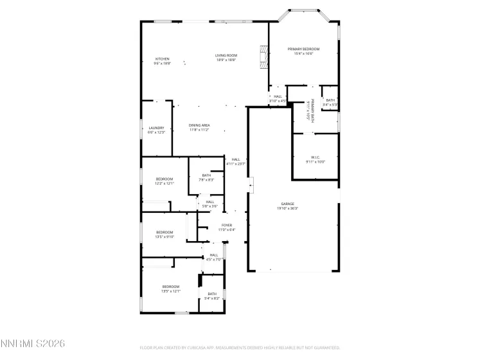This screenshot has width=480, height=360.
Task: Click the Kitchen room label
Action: tap(162, 61)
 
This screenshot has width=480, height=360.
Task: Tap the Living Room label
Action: tap(226, 58)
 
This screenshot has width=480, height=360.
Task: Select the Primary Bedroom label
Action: tap(303, 51)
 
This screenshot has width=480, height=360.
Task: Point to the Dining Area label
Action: tap(199, 127)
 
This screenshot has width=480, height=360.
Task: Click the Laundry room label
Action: tap(157, 130)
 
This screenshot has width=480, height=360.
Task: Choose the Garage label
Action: tap(287, 206)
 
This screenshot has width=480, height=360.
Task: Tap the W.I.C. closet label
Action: tap(316, 159)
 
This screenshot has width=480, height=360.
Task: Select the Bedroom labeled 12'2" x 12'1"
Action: tap(164, 181)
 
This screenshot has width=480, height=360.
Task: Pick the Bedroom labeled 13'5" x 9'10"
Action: tap(164, 234)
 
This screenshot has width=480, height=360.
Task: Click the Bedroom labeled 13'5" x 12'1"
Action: tap(170, 289)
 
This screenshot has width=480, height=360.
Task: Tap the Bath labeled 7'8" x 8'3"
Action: tap(206, 177)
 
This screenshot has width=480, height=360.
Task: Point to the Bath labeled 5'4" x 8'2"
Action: tap(211, 296)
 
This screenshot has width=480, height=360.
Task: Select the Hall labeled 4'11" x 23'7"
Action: tap(236, 161)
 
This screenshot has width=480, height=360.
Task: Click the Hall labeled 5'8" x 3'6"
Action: tap(210, 204)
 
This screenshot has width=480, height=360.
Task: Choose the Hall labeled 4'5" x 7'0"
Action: tap(213, 257)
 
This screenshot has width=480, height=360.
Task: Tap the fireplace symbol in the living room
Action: tap(262, 57)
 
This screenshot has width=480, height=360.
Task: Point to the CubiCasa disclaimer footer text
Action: tap(240, 348)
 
